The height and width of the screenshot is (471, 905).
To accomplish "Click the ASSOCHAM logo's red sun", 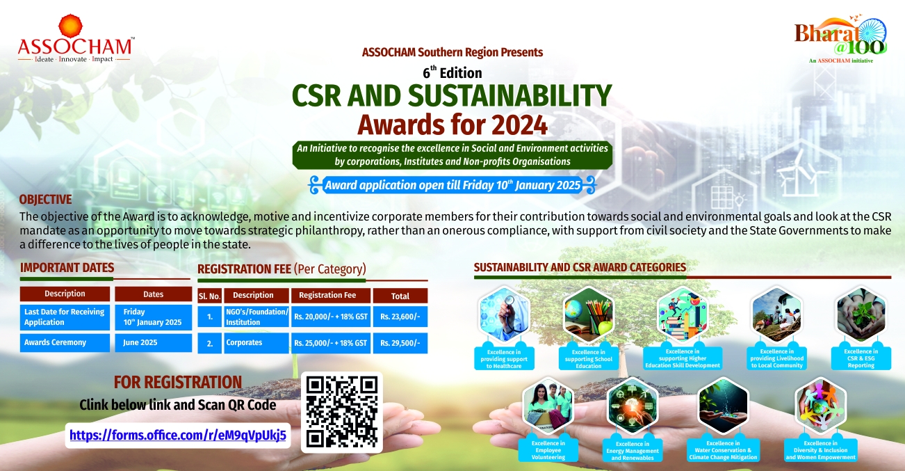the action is point(70,26).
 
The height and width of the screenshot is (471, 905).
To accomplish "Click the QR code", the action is point(342,412).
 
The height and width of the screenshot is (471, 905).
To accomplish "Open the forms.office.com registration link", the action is point(178,436).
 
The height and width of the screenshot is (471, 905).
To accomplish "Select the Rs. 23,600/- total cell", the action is point(400,317).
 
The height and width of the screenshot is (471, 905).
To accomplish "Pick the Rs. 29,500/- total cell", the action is point(400,343).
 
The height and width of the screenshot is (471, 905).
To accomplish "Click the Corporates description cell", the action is point(256,343).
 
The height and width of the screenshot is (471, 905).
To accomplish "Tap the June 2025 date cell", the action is point(153,342).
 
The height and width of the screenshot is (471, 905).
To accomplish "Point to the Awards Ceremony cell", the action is point(65,342).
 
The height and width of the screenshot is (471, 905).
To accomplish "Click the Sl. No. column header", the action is point(209,296).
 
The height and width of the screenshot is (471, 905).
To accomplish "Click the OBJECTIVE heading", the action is point(45,199).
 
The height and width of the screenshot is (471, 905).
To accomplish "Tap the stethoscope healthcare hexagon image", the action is point(504,314).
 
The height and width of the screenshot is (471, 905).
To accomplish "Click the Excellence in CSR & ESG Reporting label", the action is point(861,358).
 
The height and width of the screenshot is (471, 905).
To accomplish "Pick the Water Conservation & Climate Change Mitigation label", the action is point(723,450).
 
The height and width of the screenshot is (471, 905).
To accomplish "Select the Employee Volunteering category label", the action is point(548,450).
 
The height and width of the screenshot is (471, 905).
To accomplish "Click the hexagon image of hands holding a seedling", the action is point(861,314).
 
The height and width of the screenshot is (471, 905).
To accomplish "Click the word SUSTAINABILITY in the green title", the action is point(510,95).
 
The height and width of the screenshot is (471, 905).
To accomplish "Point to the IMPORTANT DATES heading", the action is point(67,268).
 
